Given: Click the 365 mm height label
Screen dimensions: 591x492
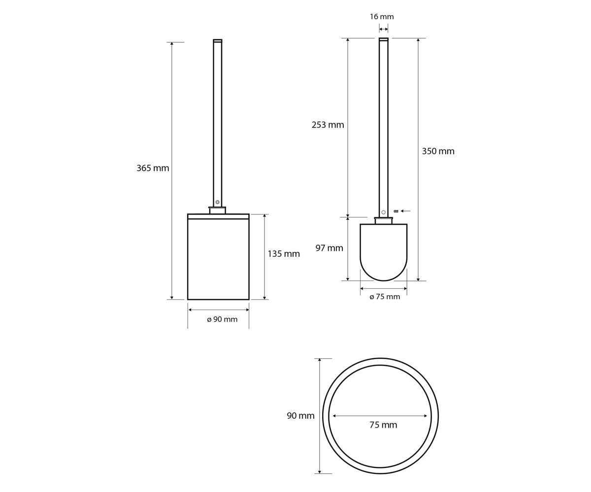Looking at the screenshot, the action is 153,168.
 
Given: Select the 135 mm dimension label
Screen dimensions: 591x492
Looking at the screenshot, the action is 284,254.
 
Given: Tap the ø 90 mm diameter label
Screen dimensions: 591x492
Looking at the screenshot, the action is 222,319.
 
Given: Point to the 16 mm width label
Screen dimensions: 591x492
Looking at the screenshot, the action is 382,17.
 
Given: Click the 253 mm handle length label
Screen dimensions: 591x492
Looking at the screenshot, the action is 328,124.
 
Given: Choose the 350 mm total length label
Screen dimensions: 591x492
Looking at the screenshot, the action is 438,151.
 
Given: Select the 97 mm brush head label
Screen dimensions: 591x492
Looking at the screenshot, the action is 329,248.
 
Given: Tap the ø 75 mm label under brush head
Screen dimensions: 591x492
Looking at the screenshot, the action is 385,297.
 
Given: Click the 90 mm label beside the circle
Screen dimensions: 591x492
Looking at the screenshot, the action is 300,416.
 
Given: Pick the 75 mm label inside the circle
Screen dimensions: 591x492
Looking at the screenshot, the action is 383,425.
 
